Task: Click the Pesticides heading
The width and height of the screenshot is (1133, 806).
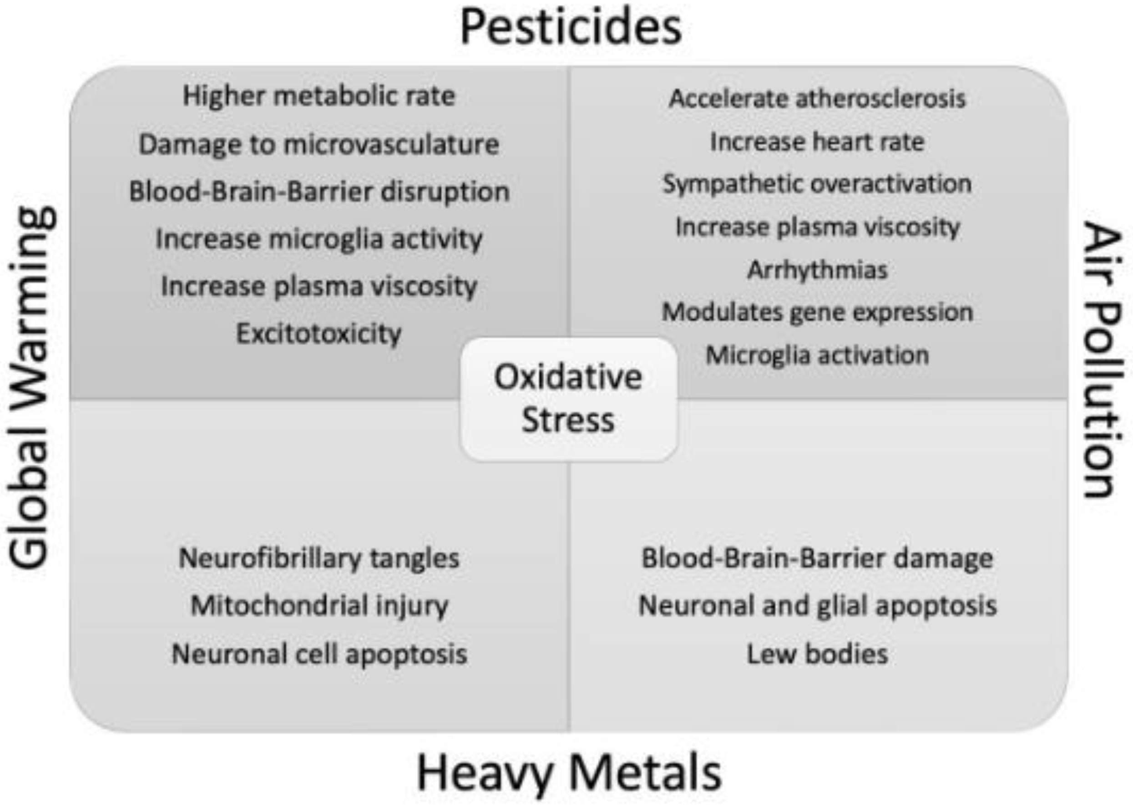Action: [571, 28]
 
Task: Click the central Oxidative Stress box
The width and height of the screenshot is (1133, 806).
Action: [568, 399]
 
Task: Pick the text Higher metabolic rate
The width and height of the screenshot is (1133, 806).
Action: [319, 96]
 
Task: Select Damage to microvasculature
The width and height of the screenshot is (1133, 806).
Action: [319, 144]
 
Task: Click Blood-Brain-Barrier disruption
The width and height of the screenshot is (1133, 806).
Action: [319, 192]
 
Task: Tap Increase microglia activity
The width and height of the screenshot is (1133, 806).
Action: [319, 239]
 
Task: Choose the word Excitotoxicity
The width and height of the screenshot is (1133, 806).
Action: [319, 333]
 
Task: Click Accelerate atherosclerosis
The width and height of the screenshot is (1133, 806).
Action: [817, 98]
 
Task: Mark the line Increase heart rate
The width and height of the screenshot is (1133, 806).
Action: [817, 142]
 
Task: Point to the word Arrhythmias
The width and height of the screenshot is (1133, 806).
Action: [817, 270]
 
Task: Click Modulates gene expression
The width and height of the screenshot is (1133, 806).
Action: [817, 312]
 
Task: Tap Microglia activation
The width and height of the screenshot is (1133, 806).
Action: [817, 355]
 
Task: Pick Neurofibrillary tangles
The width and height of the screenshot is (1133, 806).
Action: [319, 558]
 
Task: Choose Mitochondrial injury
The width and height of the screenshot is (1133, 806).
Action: [319, 605]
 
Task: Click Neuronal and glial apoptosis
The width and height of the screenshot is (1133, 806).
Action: [817, 605]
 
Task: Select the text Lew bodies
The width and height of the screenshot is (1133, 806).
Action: [817, 654]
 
